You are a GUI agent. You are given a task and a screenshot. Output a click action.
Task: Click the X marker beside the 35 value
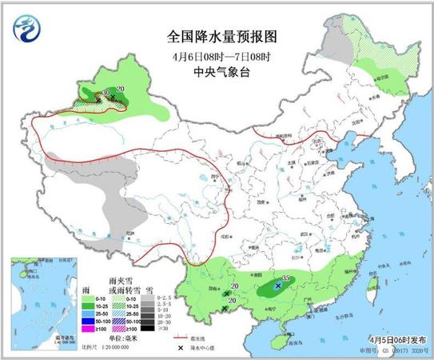277,285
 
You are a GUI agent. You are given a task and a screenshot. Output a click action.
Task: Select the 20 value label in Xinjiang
121,88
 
